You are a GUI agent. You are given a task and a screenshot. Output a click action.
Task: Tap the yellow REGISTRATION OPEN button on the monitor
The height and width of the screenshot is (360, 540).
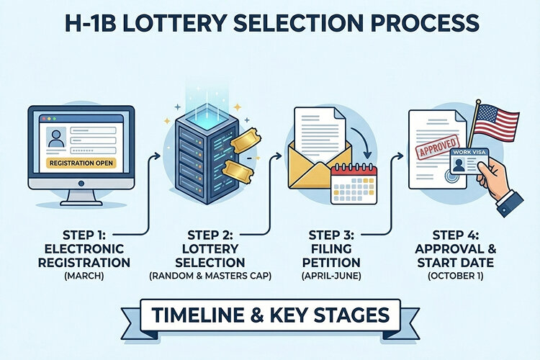(x=81, y=163)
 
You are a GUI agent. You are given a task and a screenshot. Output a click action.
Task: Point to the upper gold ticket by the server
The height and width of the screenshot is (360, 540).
(x=242, y=143)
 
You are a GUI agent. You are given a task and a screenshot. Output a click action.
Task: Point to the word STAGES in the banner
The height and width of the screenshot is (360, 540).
(x=356, y=315)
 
